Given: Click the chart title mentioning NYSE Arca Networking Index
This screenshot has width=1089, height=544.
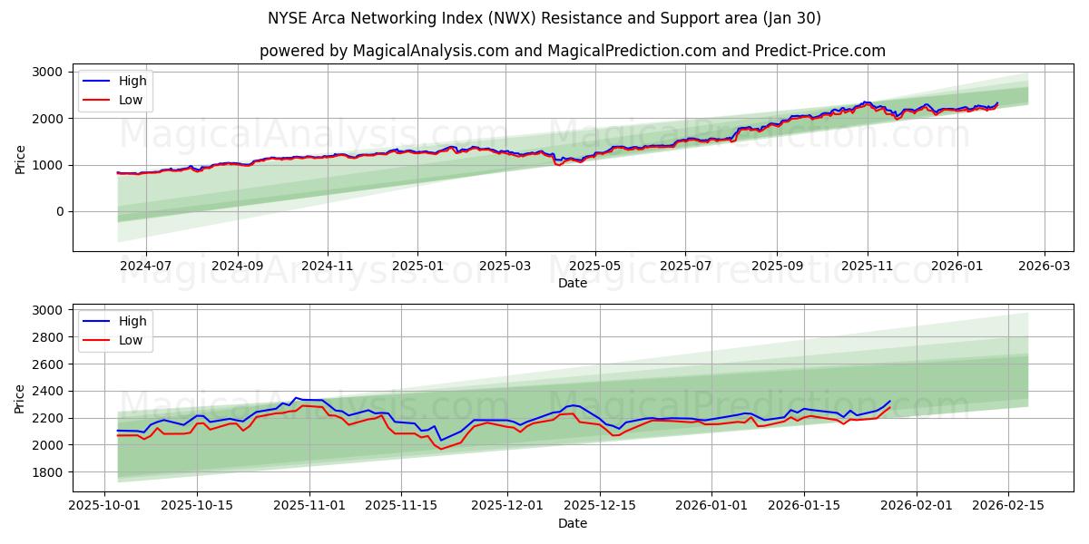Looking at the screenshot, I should pos(544,18).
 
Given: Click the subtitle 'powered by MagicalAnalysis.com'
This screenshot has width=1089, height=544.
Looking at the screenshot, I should pos(383,51).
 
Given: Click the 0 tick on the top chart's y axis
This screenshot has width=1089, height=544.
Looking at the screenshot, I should pos(58,211).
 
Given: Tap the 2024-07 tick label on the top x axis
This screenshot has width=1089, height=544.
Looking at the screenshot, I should pos(145,267).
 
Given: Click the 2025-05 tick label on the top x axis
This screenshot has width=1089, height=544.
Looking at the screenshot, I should pos(595,267).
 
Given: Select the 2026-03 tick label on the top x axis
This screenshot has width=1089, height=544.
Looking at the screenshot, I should pos(1044,267).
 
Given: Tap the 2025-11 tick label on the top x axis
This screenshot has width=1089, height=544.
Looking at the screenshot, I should pos(867,267).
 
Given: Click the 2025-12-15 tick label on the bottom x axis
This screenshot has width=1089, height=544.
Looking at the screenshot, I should pos(599,506).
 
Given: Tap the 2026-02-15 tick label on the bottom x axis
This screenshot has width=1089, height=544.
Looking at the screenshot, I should pos(1008,506).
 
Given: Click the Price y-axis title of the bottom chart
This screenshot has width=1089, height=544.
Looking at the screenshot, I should pos(20,398).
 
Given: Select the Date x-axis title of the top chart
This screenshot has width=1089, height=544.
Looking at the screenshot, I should pos(572,283).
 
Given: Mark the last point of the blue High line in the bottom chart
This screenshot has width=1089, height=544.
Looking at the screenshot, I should pos(889,401).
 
